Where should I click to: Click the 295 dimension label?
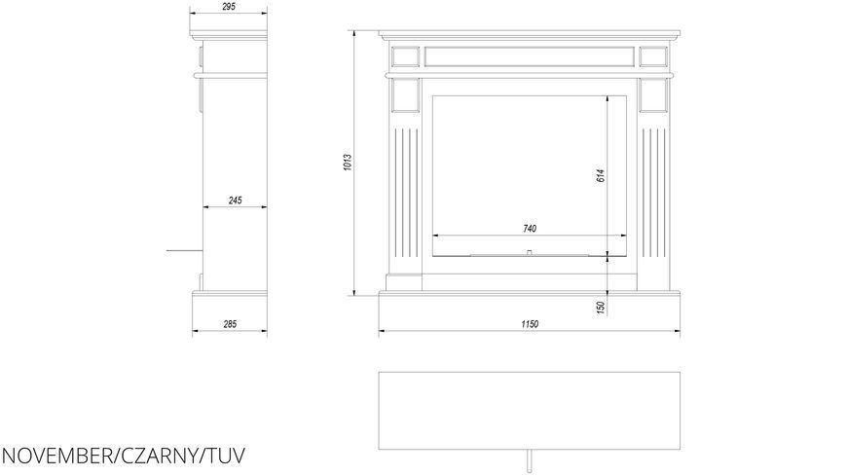[x=229, y=7]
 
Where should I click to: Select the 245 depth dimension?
[x=235, y=201]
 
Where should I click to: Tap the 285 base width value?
[x=230, y=324]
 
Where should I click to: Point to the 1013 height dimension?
[x=348, y=163]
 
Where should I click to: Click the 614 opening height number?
[x=602, y=175]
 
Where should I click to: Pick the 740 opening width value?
[x=530, y=229]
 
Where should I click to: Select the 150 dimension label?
[x=602, y=308]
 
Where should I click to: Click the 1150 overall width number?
[x=530, y=324]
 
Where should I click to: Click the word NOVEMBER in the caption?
[x=55, y=456]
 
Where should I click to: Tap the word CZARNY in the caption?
[x=157, y=456]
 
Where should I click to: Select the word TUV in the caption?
[x=225, y=456]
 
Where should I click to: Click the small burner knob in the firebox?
[x=530, y=252]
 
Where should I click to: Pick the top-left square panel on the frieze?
[x=405, y=56]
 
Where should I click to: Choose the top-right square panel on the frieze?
[x=653, y=56]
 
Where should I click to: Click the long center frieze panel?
[x=530, y=56]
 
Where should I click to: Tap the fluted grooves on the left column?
[x=406, y=193]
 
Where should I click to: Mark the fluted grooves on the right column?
[x=653, y=193]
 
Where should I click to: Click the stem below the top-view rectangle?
[x=530, y=460]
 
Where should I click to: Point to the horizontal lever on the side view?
[x=184, y=251]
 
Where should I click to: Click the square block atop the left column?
[x=405, y=95]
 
